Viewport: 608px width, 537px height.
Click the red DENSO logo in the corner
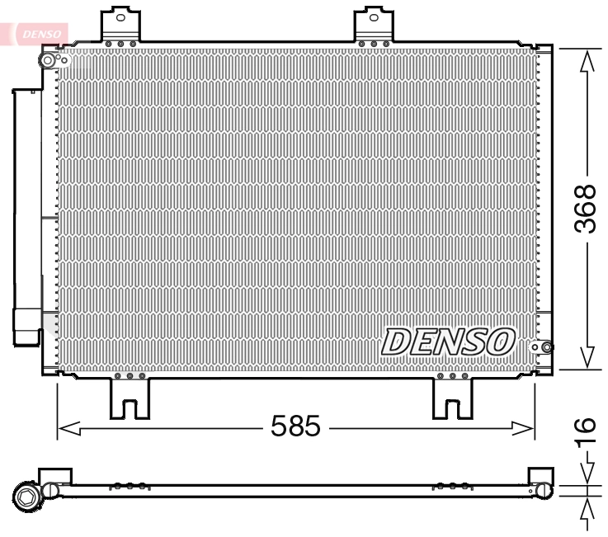[36, 33]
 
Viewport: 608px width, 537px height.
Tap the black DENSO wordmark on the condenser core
[449, 341]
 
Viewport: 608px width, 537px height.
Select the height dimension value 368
[584, 209]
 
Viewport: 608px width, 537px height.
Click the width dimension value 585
[295, 426]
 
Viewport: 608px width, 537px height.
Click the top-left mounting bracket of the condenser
[120, 26]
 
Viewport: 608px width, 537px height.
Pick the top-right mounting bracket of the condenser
[376, 26]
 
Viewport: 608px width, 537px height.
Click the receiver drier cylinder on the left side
[26, 214]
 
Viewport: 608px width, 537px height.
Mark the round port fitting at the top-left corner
[49, 61]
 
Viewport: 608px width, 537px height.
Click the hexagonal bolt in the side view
[26, 496]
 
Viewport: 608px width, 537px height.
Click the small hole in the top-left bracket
[121, 16]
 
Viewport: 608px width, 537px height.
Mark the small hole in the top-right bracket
[376, 16]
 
